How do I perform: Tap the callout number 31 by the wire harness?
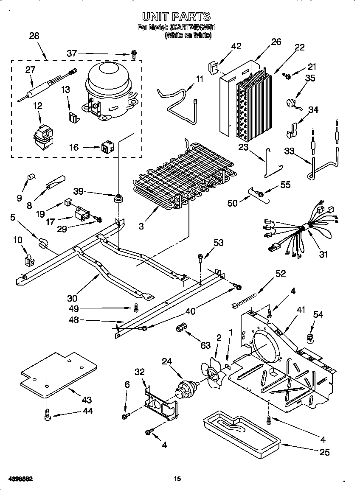323,255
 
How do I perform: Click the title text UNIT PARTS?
176,17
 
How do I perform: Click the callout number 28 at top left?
34,36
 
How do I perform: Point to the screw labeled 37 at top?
133,54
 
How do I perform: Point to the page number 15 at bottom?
177,479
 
